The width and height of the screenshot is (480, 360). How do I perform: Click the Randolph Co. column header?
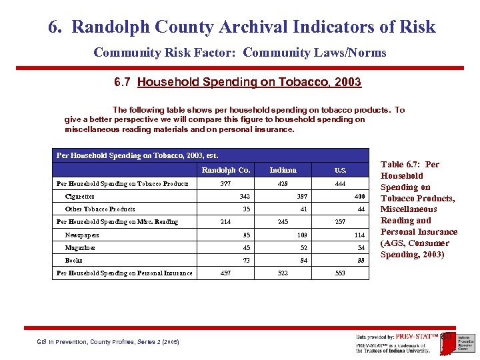coord(225,170)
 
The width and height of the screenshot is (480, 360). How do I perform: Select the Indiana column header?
coord(283,170)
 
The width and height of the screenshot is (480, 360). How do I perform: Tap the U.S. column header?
coord(340,170)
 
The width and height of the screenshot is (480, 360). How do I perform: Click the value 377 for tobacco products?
coord(225,183)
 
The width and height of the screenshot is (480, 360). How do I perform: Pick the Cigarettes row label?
coord(79,197)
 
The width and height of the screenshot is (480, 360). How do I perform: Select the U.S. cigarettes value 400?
coord(360,197)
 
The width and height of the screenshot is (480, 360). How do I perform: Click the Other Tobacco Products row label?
coord(100,209)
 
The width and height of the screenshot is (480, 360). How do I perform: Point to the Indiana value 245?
coord(283,222)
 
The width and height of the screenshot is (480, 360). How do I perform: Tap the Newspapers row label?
coord(82,235)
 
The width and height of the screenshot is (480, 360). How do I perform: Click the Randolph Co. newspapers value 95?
coord(246,235)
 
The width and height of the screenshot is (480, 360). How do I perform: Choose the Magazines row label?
coord(80,247)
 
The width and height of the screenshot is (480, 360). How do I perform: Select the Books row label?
coord(74,260)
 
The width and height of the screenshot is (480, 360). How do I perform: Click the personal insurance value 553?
coord(340,273)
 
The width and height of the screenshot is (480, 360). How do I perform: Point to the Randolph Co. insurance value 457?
coord(225,273)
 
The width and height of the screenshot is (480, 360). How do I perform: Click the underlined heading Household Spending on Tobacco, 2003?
coord(249,83)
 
